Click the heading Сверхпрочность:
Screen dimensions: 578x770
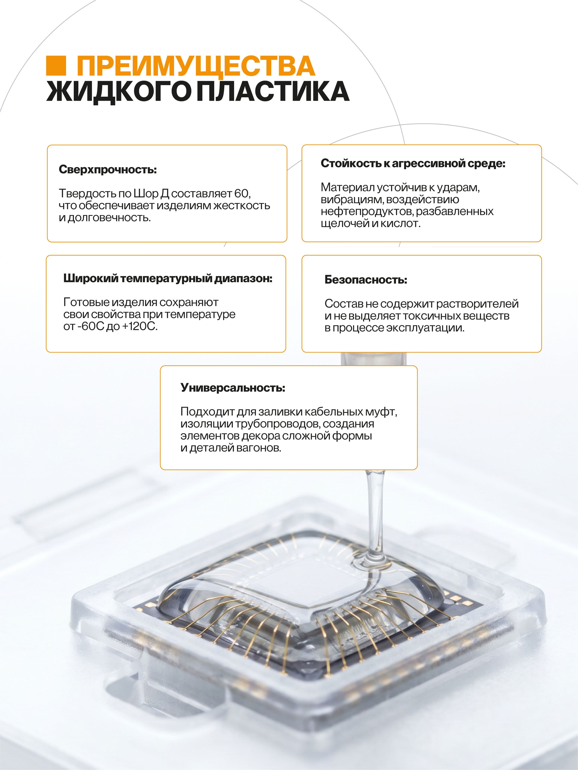108,170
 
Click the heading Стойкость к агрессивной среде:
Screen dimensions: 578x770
413,164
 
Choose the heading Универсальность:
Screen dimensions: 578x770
233,388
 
